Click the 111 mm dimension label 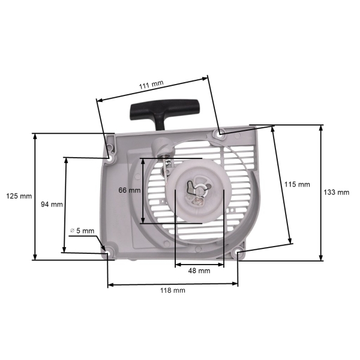coord(151,86)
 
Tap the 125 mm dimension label coord(18,196)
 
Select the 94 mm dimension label coord(52,204)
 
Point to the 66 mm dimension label coord(129,190)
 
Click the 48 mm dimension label coord(199,271)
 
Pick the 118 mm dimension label coord(173,290)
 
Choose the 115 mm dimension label coord(298,184)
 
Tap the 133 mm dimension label coord(337,193)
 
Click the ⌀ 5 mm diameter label coord(82,230)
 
